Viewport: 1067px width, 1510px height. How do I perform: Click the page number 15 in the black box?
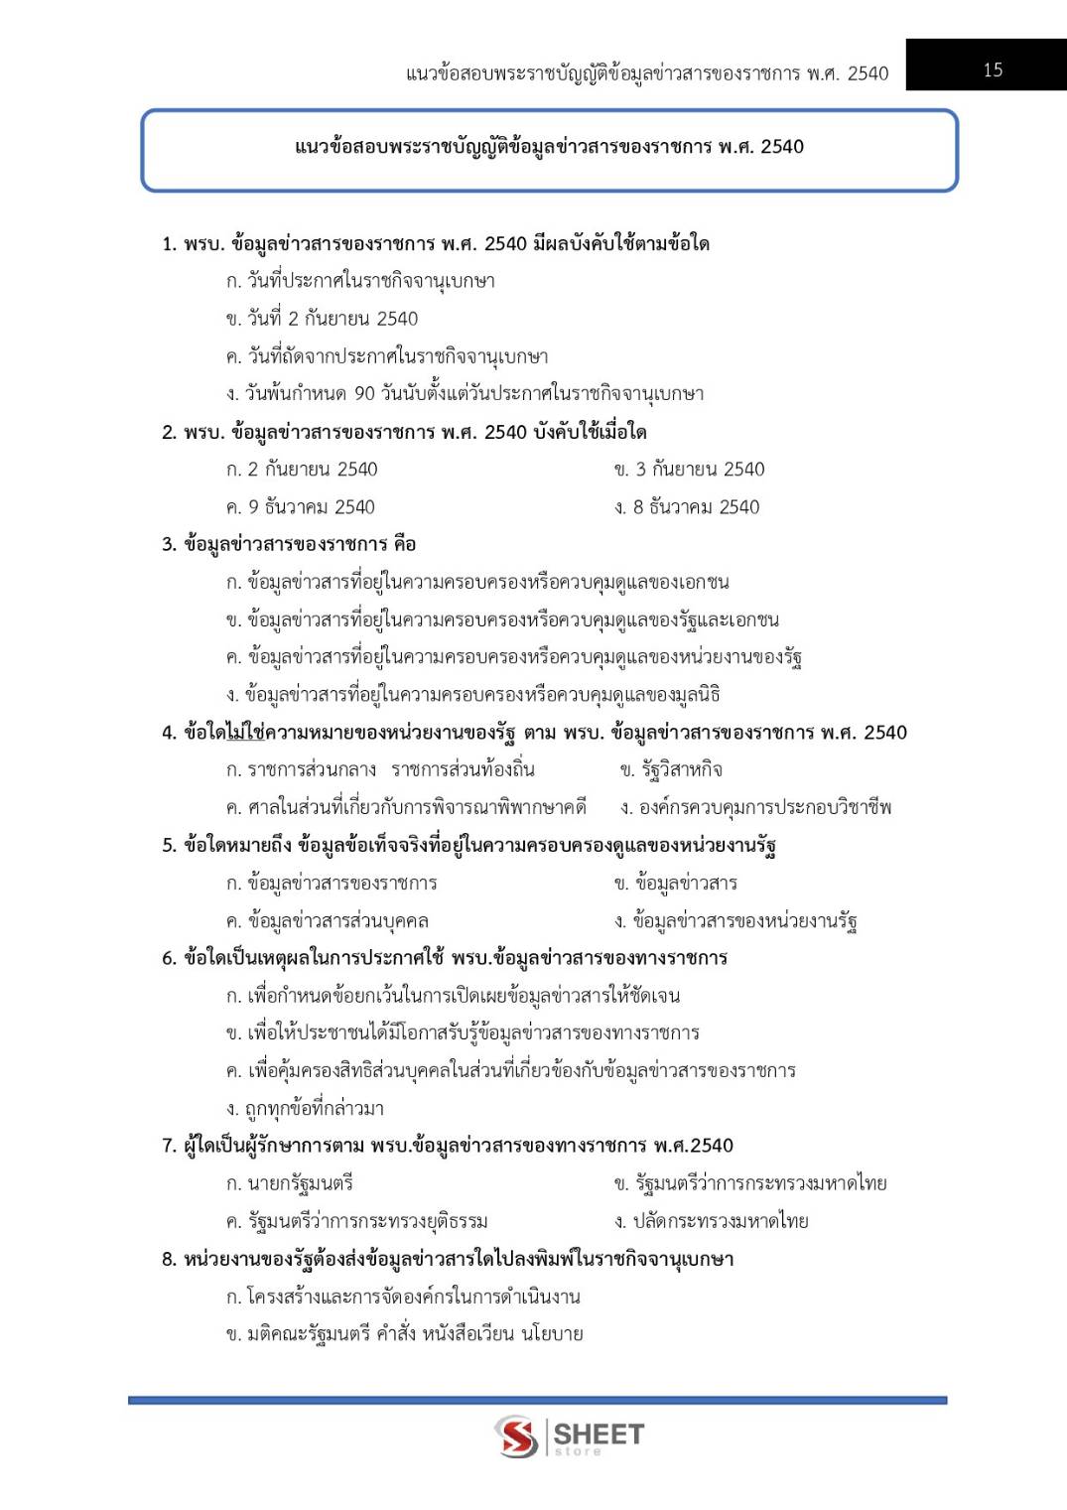(x=993, y=69)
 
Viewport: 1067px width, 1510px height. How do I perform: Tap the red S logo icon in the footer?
(x=516, y=1437)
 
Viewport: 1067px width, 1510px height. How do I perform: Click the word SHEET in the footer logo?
(x=599, y=1434)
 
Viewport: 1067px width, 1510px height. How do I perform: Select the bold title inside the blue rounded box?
(x=549, y=147)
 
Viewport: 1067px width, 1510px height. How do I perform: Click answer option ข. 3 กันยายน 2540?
(x=689, y=470)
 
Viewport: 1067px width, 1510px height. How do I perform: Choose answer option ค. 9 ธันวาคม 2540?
(x=301, y=507)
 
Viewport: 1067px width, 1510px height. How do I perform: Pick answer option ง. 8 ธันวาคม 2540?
(x=687, y=507)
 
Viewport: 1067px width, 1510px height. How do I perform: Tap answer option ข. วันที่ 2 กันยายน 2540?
(x=322, y=319)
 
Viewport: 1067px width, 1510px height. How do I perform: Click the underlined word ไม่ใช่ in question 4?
(x=245, y=733)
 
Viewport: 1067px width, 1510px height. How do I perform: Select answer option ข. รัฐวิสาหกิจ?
(x=671, y=770)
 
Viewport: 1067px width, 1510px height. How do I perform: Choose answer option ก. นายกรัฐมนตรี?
(x=289, y=1183)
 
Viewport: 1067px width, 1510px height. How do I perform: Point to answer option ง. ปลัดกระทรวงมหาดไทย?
(x=711, y=1221)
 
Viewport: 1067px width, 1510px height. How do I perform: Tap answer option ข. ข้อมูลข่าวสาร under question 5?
(x=675, y=884)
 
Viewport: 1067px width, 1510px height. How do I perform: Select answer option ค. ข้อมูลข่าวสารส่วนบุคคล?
(x=328, y=921)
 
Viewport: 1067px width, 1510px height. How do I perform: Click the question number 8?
(x=169, y=1259)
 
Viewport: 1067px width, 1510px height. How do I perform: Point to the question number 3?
(x=169, y=544)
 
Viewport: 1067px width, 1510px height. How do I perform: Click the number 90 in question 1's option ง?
(x=364, y=394)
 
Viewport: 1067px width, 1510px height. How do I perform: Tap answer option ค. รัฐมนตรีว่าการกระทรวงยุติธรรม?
(x=356, y=1221)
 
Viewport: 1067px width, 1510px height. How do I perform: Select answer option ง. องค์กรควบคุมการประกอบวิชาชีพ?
(x=755, y=808)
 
